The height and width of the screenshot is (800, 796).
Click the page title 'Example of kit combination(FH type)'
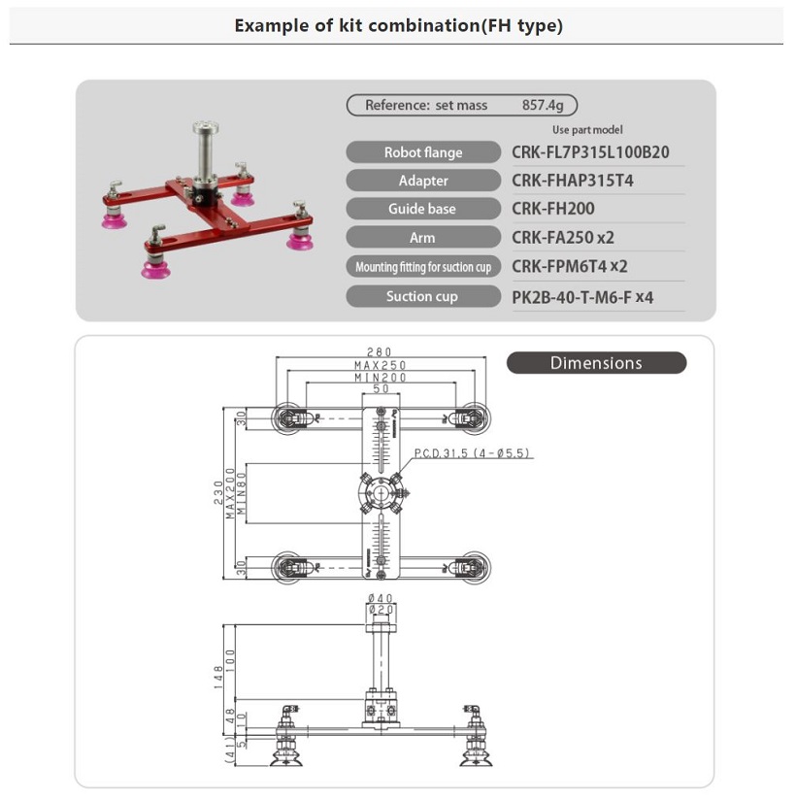pos(398,26)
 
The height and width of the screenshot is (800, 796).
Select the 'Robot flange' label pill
pos(423,152)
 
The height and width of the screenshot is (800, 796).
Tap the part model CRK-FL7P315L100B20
pos(590,152)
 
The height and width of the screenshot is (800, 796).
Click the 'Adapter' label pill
pos(423,181)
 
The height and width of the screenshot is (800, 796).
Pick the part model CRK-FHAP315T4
pos(573,181)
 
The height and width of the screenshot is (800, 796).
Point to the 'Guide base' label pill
pos(423,209)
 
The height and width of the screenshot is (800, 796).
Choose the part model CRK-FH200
pos(553,209)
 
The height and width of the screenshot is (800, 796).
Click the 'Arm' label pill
pos(423,238)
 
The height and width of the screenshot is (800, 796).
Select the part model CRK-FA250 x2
pos(563,238)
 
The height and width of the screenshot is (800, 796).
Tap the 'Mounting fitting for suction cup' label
pos(423,267)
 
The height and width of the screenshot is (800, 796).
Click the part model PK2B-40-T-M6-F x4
pos(582,297)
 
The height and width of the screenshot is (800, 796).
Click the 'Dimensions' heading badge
pos(596,363)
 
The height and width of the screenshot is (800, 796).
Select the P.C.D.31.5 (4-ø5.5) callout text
pos(473,453)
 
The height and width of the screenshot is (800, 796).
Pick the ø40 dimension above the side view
pos(380,598)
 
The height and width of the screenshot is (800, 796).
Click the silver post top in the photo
pos(205,128)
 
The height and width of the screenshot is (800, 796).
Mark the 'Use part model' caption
pos(587,129)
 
